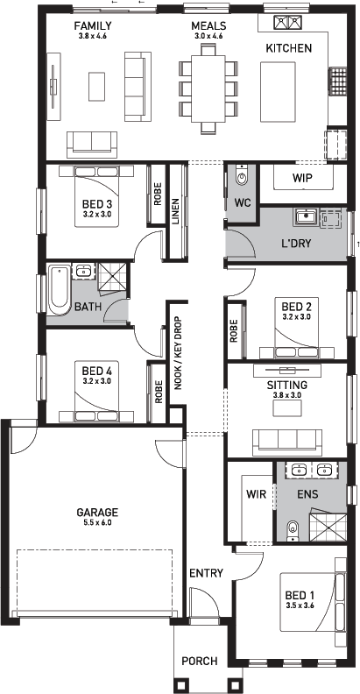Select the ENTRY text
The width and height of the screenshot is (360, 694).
coord(206,573)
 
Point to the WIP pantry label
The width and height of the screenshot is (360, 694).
coord(301,178)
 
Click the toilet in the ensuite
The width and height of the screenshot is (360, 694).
coord(293,528)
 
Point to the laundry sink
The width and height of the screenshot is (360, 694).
coord(306,216)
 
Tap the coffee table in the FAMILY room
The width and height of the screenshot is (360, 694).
coord(97,84)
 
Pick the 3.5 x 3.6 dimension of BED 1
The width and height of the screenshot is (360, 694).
coord(300,605)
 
